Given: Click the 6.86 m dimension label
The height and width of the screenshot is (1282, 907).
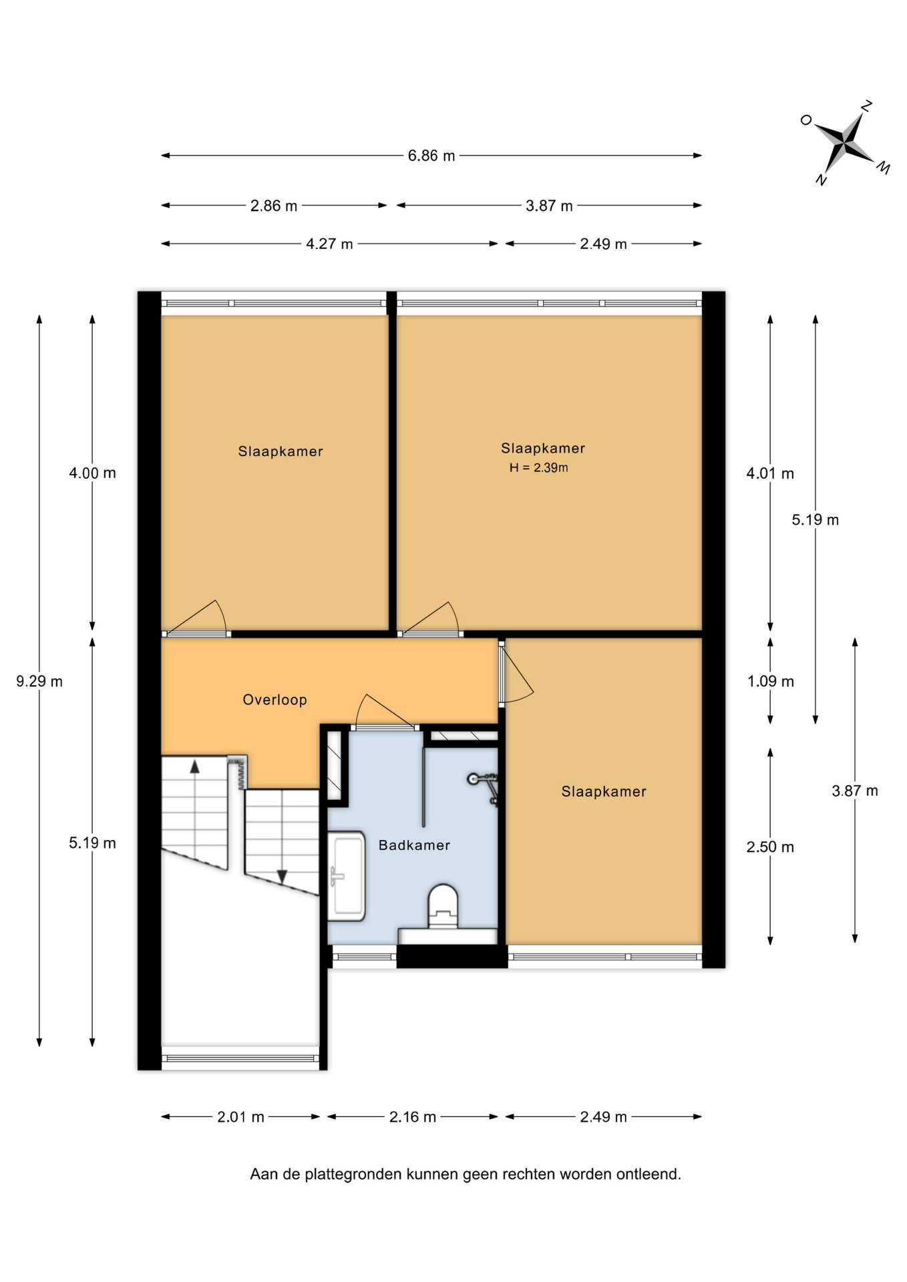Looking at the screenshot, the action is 431,156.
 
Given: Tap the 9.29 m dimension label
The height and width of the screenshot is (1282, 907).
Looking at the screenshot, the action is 39,681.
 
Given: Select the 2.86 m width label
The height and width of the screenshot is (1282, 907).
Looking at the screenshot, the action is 274,206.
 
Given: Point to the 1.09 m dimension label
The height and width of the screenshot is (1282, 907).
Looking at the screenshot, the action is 770,681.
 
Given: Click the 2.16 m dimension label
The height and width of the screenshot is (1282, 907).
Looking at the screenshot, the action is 413,1116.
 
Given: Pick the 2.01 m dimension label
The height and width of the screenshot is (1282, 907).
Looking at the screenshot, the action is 240,1116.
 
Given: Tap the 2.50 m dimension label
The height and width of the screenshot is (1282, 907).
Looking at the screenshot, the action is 770,847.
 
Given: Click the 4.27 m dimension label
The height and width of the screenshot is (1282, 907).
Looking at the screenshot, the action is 329,244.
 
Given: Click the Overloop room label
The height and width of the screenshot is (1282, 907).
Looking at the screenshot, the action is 275,700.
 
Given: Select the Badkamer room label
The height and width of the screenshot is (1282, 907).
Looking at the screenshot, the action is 414,845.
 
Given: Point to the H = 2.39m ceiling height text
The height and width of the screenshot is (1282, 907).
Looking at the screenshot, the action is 538,467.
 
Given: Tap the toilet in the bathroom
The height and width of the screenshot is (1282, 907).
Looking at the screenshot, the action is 443,907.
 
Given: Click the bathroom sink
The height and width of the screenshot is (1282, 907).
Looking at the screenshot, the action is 346,875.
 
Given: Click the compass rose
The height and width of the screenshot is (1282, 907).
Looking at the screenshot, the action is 845,143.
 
